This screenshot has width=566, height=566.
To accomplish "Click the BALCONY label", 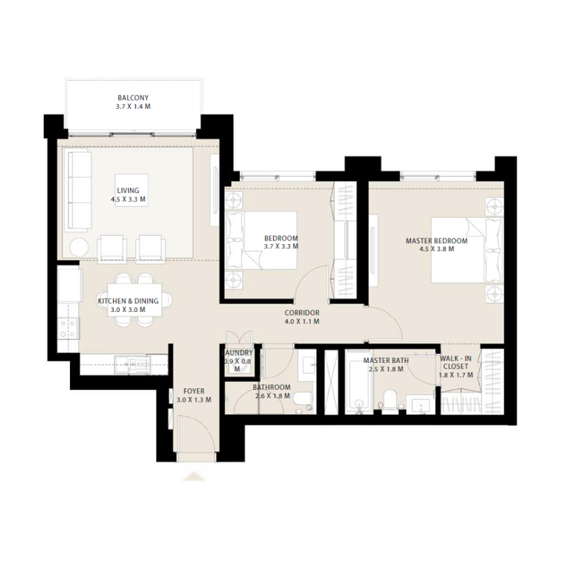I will tap(134, 98).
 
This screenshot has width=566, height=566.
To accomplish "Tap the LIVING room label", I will tap(128, 190).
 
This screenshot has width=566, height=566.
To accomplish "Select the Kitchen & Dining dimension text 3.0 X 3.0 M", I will tap(128, 310).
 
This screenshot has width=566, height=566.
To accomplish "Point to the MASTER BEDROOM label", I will tap(437, 241).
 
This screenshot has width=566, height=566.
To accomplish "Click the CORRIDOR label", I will tap(302, 312).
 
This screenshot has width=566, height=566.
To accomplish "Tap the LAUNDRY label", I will tap(237, 352).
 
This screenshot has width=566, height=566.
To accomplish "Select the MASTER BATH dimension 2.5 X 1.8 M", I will tap(383, 369).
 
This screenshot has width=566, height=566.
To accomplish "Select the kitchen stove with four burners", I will tap(68, 327).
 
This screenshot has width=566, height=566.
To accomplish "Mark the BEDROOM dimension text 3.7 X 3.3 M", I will tap(281, 247).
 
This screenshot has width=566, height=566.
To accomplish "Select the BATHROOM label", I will tap(272, 387).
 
